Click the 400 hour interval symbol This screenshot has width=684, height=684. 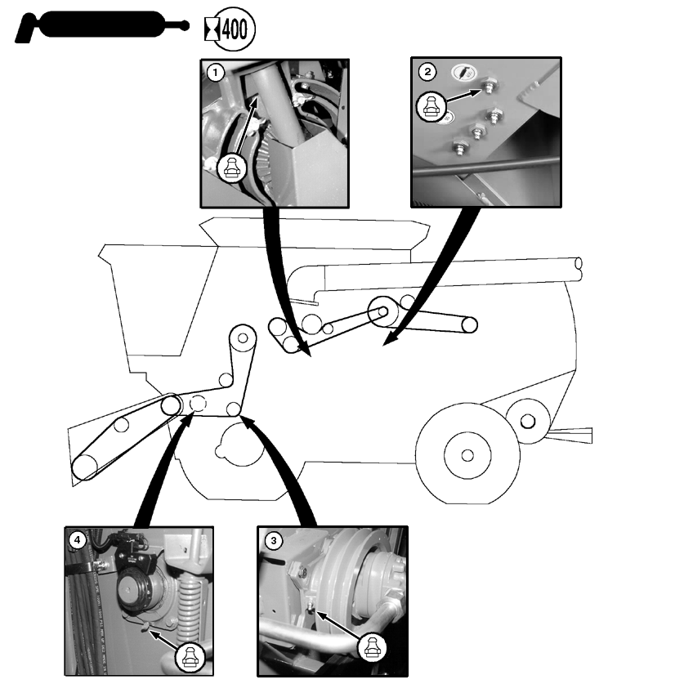coord(231,29)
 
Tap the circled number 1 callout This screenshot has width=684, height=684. coord(215,72)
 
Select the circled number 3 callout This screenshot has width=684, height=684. coord(272,540)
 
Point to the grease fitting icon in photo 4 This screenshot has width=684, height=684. coord(189,654)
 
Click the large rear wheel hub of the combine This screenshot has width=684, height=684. coord(467,454)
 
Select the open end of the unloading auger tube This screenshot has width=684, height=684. coord(579,264)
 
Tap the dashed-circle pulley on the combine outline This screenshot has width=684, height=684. coord(197,403)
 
